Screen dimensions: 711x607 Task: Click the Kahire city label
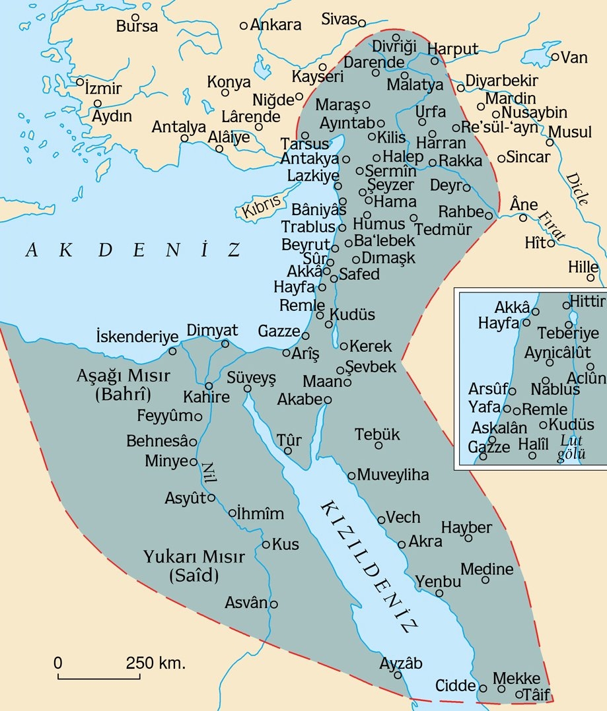207,397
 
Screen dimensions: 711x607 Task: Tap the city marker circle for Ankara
244,26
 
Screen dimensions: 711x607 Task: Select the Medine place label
487,569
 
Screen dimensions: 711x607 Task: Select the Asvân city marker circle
274,603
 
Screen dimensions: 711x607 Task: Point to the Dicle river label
575,189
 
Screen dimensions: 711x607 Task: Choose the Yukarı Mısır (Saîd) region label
182,565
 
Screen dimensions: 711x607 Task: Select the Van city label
574,58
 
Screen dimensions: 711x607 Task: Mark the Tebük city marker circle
379,446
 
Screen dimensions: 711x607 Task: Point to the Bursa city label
137,27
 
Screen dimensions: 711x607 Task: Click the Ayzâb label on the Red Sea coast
401,663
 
